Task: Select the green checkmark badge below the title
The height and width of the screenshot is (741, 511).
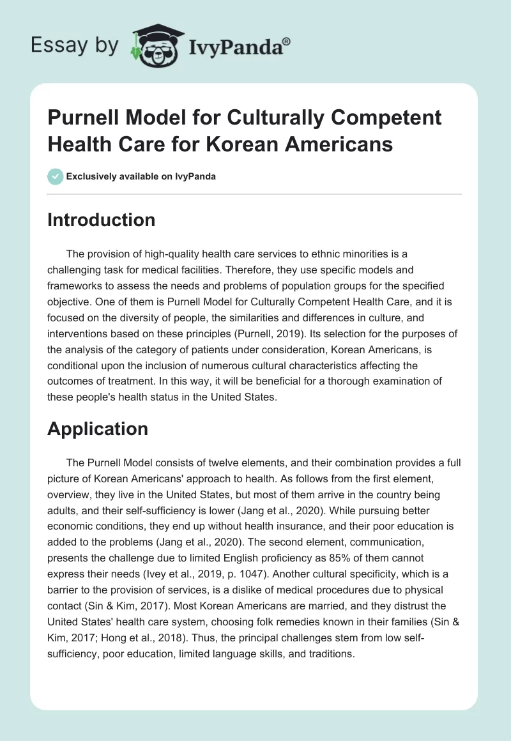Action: pyautogui.click(x=55, y=176)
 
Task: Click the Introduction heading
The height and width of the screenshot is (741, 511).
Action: pyautogui.click(x=101, y=220)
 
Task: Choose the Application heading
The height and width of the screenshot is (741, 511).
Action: pyautogui.click(x=97, y=429)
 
